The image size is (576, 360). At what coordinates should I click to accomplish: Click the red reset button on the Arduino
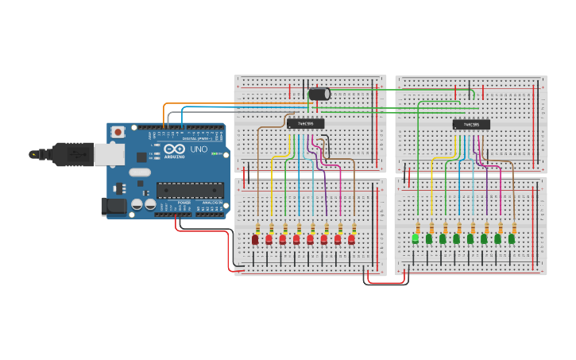coord(118,132)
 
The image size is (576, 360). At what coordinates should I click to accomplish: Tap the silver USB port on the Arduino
coord(109,154)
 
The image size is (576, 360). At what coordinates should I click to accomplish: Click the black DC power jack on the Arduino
coord(113,207)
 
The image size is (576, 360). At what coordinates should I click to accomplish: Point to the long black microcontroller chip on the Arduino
coord(188,189)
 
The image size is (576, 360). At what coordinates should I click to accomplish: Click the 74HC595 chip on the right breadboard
coord(471,124)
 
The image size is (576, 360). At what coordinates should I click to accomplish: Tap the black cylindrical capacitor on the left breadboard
coord(319,95)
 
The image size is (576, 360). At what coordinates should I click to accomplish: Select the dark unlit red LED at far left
coord(255,239)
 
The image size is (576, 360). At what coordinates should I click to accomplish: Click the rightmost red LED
coord(351,238)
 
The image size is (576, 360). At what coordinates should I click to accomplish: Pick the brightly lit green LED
coord(415,238)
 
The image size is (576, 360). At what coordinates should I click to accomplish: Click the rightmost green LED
coord(512,238)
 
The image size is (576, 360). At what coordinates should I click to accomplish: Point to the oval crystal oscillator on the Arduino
coord(140,172)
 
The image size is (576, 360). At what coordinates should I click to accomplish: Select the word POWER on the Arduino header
coord(184,203)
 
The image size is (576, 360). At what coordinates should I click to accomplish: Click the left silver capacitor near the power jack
coord(137,204)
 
